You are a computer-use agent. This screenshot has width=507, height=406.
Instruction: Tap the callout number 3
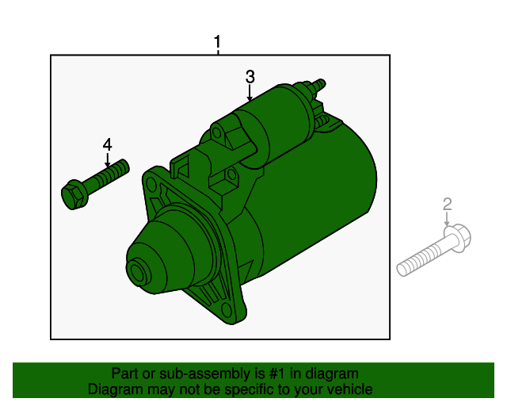point(250,77)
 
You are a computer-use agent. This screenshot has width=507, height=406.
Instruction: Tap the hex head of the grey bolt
point(459,236)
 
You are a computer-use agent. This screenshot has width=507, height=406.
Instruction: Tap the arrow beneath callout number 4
point(107,159)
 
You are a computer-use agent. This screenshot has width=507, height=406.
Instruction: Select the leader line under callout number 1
point(218,52)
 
